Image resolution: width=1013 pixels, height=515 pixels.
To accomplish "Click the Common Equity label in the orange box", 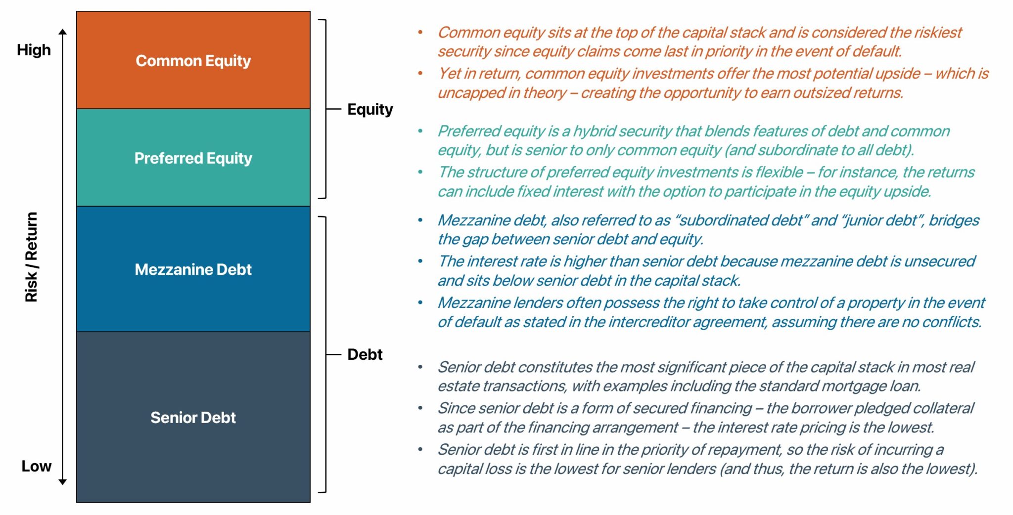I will [193, 61].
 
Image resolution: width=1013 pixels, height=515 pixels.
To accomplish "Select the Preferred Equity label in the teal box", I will [193, 158].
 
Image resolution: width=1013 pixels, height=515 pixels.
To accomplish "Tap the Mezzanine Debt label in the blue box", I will [193, 269].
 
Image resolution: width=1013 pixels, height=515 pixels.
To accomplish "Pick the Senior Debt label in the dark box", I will [193, 418].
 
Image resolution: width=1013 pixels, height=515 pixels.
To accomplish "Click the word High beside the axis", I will [34, 50].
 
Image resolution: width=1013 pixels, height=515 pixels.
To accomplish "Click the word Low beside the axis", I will [36, 466].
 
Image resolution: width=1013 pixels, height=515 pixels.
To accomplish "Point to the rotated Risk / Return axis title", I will [31, 257].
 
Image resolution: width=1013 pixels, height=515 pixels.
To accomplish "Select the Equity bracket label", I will [370, 109].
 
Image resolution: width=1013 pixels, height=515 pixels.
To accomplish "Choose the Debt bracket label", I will [365, 354].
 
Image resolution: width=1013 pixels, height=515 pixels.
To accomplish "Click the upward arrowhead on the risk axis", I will [62, 32].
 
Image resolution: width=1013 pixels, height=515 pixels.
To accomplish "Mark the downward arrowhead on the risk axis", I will [62, 481].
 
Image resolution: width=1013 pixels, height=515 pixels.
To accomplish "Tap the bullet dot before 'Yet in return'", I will [420, 74].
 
